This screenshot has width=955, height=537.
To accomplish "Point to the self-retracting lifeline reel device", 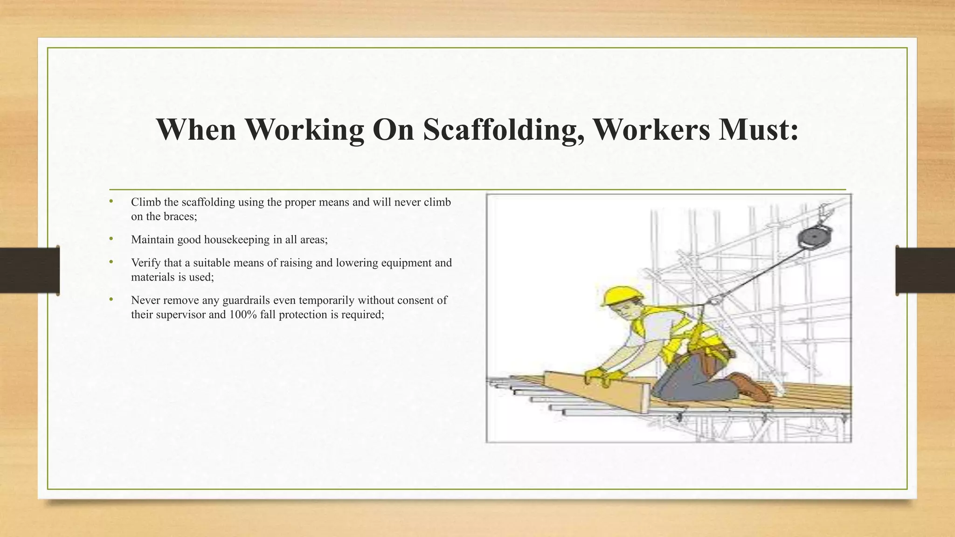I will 814,238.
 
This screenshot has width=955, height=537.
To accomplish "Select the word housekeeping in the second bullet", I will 237,240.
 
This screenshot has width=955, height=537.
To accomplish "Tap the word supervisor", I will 180,315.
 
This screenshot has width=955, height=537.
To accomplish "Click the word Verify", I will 145,263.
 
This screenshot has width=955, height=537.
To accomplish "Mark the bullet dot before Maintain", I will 111,239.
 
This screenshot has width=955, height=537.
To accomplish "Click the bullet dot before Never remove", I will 111,300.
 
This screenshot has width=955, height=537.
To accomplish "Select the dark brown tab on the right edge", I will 925,270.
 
